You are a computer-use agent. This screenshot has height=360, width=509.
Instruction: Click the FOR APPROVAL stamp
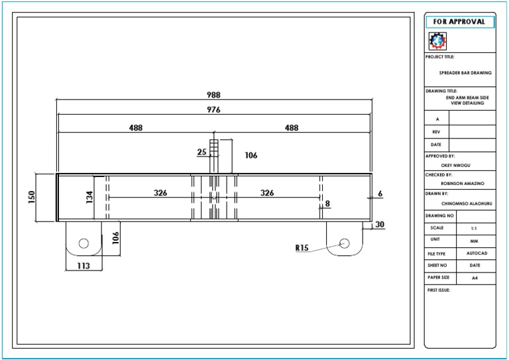(459, 22)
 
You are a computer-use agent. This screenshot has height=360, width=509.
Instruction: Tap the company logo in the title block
(437, 42)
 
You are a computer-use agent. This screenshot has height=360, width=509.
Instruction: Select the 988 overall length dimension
(213, 95)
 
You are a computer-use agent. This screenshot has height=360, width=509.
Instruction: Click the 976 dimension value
(213, 110)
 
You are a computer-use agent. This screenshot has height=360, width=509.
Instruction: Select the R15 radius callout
(302, 248)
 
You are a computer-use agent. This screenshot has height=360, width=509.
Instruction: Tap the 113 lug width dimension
(83, 266)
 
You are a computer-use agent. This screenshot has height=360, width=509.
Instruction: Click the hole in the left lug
(84, 243)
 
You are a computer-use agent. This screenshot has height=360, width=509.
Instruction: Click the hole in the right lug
(344, 243)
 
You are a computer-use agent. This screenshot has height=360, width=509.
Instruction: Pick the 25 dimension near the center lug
(201, 152)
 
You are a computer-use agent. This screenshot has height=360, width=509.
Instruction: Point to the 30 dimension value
(380, 225)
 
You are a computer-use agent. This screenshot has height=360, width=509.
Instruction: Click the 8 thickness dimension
(327, 204)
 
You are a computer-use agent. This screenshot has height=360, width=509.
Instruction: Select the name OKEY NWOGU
(459, 165)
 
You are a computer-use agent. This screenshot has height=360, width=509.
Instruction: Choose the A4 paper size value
(475, 278)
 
